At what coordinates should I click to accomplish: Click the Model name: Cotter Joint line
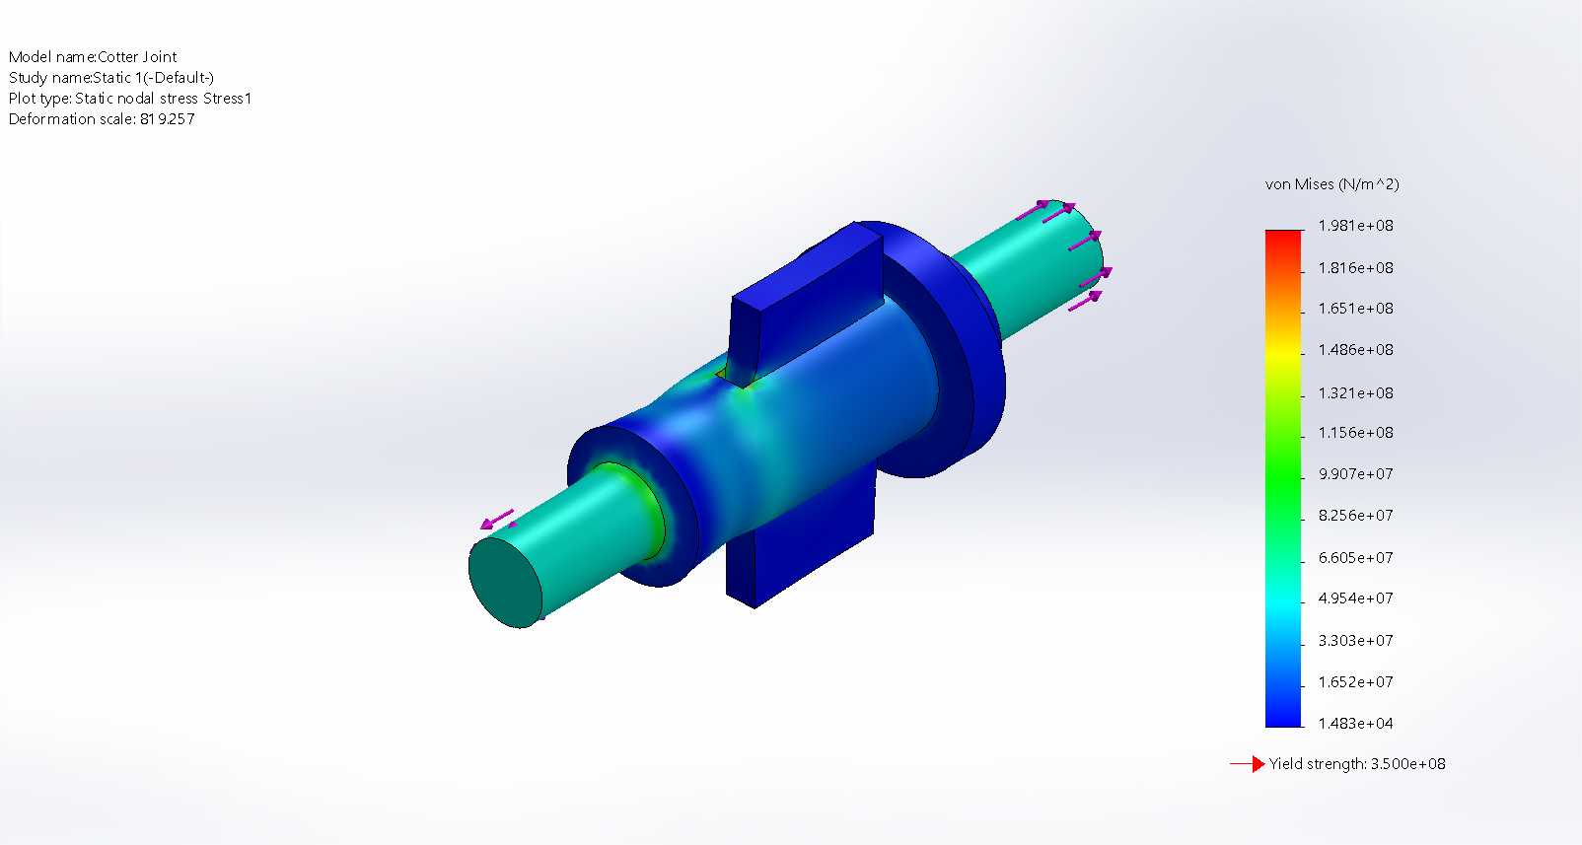coord(93,57)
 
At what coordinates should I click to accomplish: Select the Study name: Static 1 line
coord(110,78)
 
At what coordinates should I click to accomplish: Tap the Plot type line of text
coord(130,99)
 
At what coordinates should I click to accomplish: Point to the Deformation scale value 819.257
coord(168,118)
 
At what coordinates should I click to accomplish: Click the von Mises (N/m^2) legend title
coord(1332,184)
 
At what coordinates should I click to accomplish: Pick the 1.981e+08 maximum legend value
coord(1356,226)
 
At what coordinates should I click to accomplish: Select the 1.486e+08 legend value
coord(1356,350)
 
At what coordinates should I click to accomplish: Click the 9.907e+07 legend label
coord(1356,473)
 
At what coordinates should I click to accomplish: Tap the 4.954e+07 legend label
coord(1356,599)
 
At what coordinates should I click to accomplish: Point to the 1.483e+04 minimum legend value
coord(1356,723)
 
